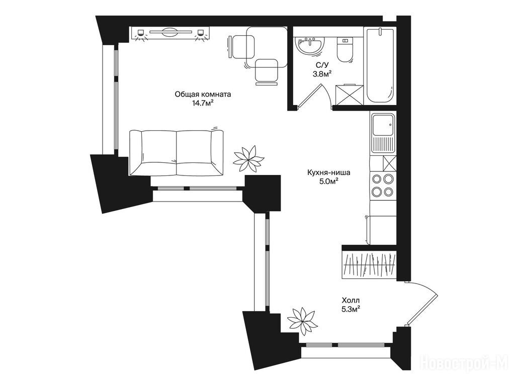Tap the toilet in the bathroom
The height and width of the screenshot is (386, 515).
(345, 50)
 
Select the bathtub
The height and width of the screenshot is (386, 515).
(380, 66)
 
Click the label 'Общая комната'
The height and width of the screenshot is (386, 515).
(203, 94)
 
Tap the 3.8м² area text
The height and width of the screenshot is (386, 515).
(321, 74)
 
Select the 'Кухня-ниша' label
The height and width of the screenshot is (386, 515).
(329, 172)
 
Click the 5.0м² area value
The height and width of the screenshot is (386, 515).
(329, 181)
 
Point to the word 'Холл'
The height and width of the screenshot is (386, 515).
(351, 300)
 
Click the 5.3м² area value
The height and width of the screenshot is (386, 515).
(351, 309)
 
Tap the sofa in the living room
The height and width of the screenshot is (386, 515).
(177, 153)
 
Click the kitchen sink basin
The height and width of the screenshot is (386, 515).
(383, 125)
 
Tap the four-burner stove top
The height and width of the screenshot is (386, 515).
(382, 185)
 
